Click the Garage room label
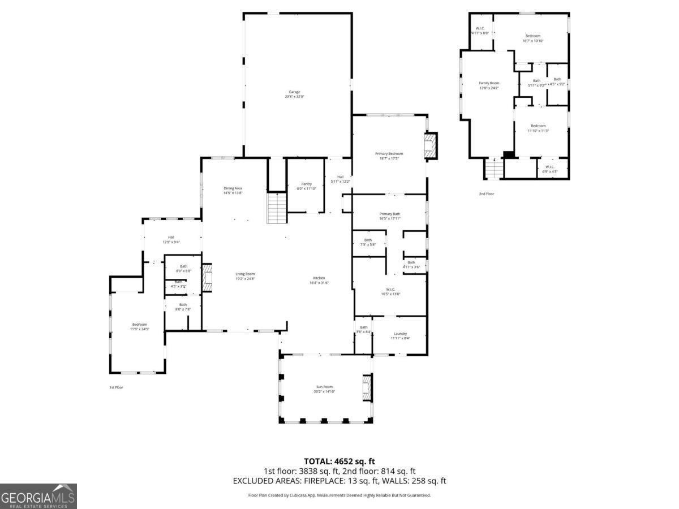(294, 94)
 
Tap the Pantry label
(306, 186)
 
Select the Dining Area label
(233, 191)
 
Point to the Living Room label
(245, 276)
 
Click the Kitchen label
(319, 280)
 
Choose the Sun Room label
(324, 389)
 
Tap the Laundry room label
(400, 336)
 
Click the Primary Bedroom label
(389, 156)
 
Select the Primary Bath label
(389, 216)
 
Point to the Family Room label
(489, 85)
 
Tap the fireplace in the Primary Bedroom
(431, 146)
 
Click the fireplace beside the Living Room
(207, 277)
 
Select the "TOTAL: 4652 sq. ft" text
(339, 461)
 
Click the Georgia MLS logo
(38, 496)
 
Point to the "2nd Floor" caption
(486, 193)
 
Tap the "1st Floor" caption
(116, 387)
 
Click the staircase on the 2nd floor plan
(494, 168)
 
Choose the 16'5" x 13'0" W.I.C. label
(390, 291)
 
